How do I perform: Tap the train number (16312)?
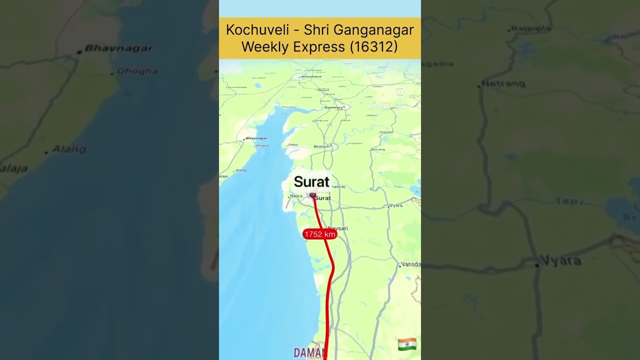(x=373, y=46)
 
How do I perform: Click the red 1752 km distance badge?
(x=320, y=234)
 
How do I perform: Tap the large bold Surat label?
(x=311, y=182)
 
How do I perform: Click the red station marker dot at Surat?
(x=312, y=194)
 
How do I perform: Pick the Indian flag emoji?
(x=407, y=344)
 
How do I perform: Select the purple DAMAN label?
(x=306, y=352)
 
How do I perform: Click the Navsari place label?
(x=337, y=228)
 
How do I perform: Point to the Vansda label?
(x=411, y=264)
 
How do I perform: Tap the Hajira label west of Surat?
(x=296, y=196)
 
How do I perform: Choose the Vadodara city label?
(x=334, y=107)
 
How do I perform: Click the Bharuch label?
(x=321, y=146)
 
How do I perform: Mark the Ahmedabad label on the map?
(x=310, y=76)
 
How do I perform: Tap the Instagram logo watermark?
(x=400, y=92)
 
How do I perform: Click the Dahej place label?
(x=293, y=145)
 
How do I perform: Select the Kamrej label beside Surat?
(x=338, y=186)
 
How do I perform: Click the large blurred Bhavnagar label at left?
(x=118, y=48)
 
